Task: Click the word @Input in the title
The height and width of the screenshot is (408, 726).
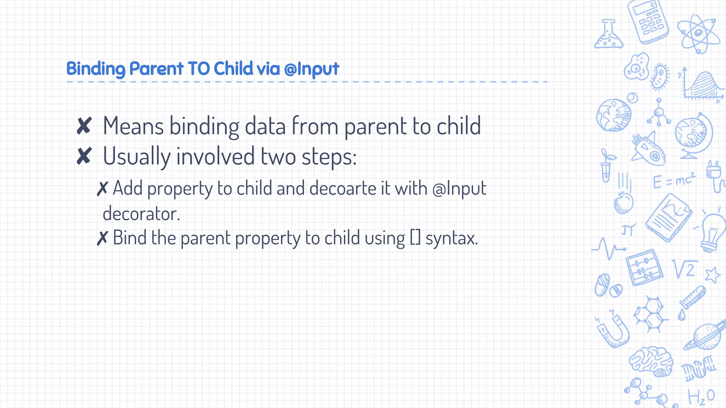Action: (312, 69)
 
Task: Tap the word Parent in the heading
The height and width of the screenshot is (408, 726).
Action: (156, 69)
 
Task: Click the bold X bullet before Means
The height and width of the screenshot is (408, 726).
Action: (84, 126)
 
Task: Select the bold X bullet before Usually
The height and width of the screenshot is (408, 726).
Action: (84, 156)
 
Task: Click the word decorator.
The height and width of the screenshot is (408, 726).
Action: (141, 214)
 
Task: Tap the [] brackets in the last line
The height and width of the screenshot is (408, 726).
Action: (415, 238)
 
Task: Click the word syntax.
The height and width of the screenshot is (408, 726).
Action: (452, 238)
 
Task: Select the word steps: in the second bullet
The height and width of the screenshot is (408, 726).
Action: (329, 157)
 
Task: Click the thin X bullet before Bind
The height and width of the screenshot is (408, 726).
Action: (102, 238)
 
